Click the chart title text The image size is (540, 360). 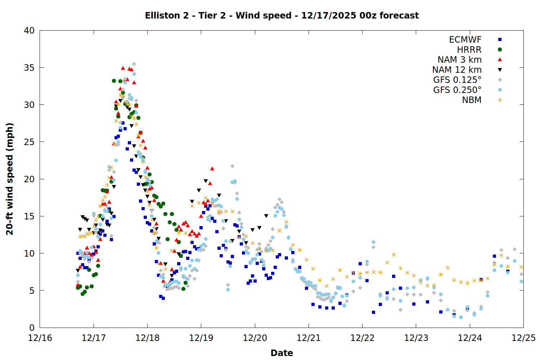point(282,15)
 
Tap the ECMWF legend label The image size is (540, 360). point(465,40)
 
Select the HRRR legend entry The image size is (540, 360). point(469,50)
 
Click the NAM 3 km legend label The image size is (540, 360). point(459,60)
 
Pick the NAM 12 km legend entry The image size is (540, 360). point(457,70)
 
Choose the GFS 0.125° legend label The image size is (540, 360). point(457,80)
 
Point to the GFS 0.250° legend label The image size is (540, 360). point(457,90)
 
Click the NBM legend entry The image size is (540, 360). point(472,100)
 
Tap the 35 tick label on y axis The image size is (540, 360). point(30,68)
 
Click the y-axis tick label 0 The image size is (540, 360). point(32,328)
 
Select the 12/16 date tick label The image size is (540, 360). point(40,338)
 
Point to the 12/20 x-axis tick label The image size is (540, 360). point(255,338)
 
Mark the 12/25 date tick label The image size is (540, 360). point(523,338)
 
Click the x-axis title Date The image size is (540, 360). point(282,353)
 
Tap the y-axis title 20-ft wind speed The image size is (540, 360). point(10,179)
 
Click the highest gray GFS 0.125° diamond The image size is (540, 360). point(134,64)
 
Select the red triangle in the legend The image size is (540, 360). point(500,60)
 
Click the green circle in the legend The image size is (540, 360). point(500,50)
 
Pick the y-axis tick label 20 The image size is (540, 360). point(30,179)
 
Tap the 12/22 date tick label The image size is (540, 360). point(362,338)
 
